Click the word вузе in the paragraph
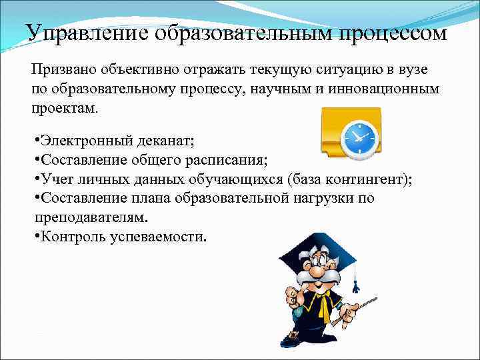click(413, 70)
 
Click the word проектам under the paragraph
click(62, 107)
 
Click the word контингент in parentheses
click(362, 179)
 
